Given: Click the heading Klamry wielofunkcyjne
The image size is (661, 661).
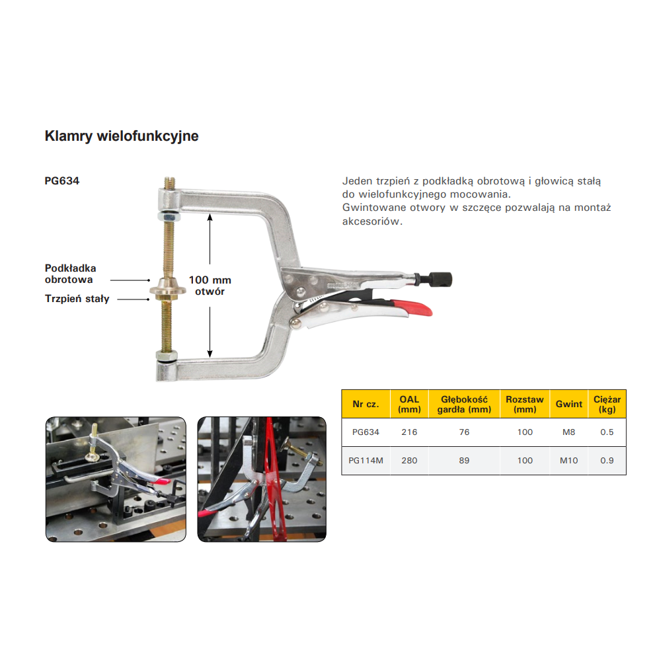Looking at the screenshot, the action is point(122,136).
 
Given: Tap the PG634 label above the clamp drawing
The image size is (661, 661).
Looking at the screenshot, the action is point(62,181).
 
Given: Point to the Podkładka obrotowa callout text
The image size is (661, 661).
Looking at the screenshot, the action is point(71,274).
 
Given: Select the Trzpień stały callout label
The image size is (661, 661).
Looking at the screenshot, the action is point(77,299).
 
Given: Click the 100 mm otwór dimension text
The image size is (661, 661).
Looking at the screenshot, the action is point(210,286).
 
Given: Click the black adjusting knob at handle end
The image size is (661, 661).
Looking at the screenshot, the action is point(440,279).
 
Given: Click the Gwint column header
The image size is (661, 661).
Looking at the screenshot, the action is point(568,404).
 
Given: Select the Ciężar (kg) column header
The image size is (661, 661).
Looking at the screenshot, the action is point(607,404).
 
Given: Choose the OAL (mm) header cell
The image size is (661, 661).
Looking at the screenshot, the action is point(409,404).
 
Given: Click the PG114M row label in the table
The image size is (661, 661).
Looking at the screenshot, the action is point(366,460).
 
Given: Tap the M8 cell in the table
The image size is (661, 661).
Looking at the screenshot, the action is point(568,432).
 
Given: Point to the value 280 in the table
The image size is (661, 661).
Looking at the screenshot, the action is point(409,460).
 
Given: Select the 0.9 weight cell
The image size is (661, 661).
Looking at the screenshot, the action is point(607,460).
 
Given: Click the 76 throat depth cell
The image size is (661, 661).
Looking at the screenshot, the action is point(464,432).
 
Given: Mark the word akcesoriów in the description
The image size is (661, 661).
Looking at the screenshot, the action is point(372,221).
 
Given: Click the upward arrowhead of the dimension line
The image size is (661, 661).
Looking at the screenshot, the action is point(210,217).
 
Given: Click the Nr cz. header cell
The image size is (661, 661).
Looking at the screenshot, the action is point(366,404).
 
